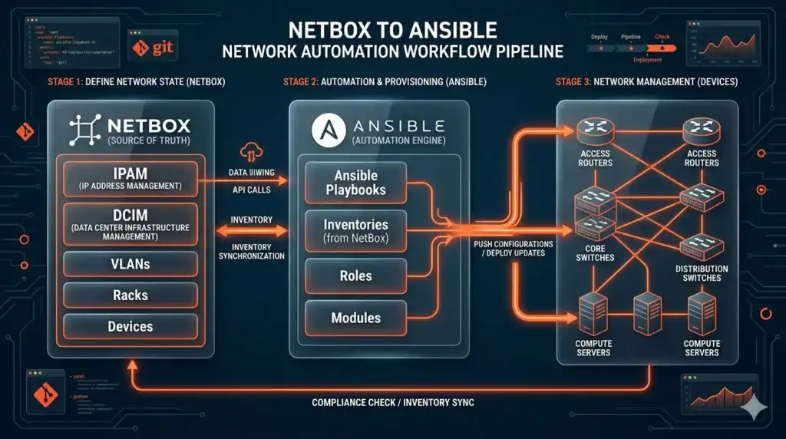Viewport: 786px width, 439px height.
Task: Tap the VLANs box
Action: (130, 264)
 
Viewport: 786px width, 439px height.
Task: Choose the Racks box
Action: (130, 295)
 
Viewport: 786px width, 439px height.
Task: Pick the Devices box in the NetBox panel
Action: (130, 326)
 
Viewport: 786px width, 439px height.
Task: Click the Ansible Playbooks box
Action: (355, 182)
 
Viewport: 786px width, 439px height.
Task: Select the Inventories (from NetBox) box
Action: (355, 230)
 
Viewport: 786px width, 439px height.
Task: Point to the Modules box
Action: (355, 317)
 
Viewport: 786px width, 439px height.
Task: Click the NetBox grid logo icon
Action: (84, 130)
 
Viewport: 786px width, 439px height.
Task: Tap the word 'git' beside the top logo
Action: (163, 48)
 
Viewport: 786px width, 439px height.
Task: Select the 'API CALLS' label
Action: (252, 190)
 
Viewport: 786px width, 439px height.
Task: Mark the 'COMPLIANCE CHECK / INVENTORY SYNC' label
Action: (392, 402)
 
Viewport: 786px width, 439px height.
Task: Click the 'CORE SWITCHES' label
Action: (594, 253)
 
